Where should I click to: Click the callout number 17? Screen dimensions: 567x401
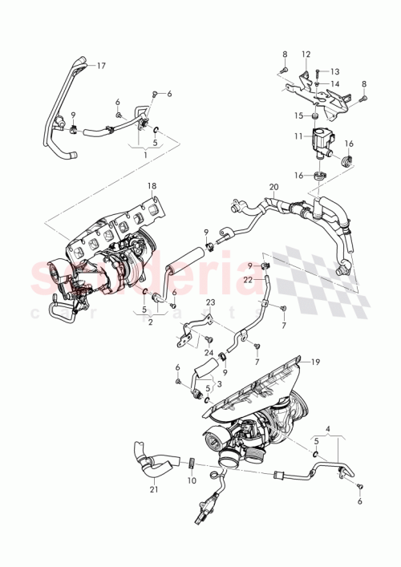101,67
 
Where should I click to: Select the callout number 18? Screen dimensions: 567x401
152,186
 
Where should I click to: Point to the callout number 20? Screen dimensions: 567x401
273,188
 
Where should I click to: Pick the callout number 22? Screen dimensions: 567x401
249,278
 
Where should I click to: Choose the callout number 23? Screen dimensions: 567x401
211,303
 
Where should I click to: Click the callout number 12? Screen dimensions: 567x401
306,54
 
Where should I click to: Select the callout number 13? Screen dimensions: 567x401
335,71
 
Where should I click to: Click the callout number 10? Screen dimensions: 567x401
191,480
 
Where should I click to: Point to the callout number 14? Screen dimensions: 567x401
335,83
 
